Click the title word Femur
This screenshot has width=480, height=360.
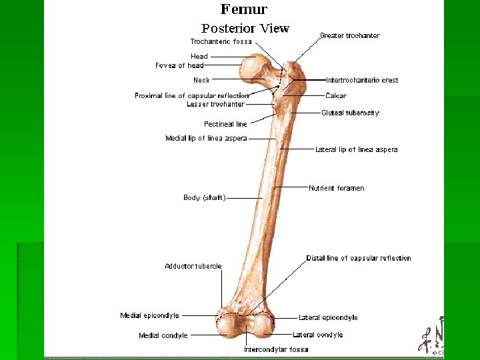tap(244, 9)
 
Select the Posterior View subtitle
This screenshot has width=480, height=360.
tap(245, 29)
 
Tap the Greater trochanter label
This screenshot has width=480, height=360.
tap(350, 35)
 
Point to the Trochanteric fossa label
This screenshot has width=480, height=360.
tap(221, 41)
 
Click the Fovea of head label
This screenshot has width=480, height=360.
tap(179, 65)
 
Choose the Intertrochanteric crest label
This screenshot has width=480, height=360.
tap(362, 80)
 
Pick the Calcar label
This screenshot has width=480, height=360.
tap(336, 96)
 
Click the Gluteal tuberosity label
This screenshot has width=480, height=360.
tap(350, 113)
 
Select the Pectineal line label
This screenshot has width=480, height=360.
tap(225, 124)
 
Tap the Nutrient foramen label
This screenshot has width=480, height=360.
tap(336, 188)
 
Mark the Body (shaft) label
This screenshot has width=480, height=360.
tap(205, 197)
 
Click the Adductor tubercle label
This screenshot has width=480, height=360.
tap(193, 266)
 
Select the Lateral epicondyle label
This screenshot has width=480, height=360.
tap(328, 317)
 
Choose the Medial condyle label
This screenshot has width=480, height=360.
tap(163, 335)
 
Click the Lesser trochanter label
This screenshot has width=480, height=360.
tap(215, 104)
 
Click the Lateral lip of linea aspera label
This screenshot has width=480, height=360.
tap(356, 149)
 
